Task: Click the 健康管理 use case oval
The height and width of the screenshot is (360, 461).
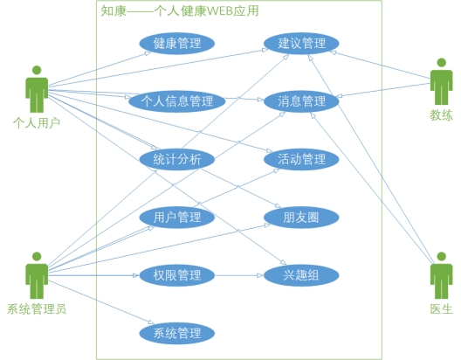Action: point(177,43)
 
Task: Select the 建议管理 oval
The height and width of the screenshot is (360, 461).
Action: point(301,43)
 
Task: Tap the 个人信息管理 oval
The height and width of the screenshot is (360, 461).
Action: point(177,101)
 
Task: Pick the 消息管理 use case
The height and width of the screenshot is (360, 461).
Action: point(301,101)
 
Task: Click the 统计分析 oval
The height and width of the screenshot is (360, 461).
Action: point(177,159)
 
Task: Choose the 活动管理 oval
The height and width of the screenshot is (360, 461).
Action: point(301,159)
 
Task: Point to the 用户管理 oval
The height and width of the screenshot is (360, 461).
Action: point(177,218)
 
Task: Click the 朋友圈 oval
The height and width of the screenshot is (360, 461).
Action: point(301,218)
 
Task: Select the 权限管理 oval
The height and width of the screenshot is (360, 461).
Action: point(177,275)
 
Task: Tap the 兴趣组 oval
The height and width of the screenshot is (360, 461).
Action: point(301,275)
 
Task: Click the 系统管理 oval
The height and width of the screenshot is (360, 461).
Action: point(177,333)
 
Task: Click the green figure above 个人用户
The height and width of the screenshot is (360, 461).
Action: point(37,89)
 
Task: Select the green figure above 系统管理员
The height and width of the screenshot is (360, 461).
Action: point(37,275)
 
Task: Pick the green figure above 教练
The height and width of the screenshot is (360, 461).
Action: point(441,81)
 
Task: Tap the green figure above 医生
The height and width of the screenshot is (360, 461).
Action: point(441,275)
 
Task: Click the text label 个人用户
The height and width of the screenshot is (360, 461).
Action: point(37,122)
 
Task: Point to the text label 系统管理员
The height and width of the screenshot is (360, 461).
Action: point(37,309)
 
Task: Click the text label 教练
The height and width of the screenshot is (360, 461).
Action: point(441,115)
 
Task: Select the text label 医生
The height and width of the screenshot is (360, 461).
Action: point(441,309)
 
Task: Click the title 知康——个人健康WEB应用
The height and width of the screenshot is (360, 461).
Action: point(180,10)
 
